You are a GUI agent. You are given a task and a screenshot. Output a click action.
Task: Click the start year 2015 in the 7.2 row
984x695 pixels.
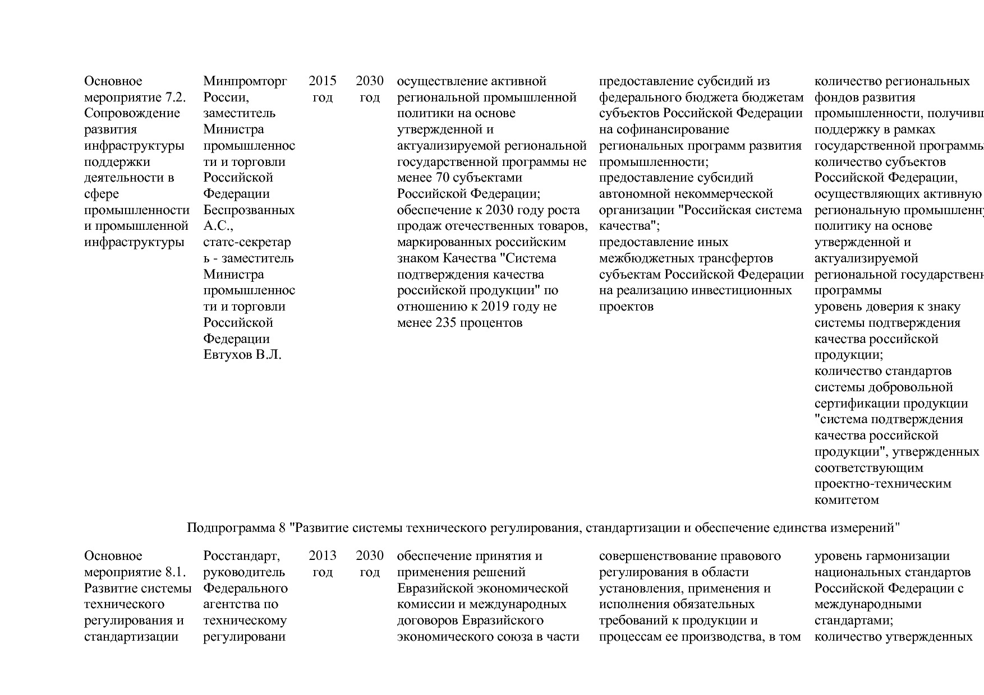pos(322,81)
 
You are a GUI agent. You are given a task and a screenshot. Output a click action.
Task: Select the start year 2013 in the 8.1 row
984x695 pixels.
pos(322,556)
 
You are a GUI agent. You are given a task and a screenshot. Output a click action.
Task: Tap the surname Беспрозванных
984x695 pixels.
pos(249,211)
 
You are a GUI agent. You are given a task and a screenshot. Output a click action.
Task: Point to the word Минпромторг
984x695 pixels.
pos(245,81)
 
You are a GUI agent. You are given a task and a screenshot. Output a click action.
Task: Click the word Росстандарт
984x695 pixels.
pos(241,556)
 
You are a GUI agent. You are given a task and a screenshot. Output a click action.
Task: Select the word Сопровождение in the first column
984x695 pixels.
pos(132,114)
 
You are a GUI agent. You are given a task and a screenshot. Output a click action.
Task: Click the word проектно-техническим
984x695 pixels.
pos(882,484)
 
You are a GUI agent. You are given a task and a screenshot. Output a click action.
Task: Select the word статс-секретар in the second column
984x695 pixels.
pos(247,243)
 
